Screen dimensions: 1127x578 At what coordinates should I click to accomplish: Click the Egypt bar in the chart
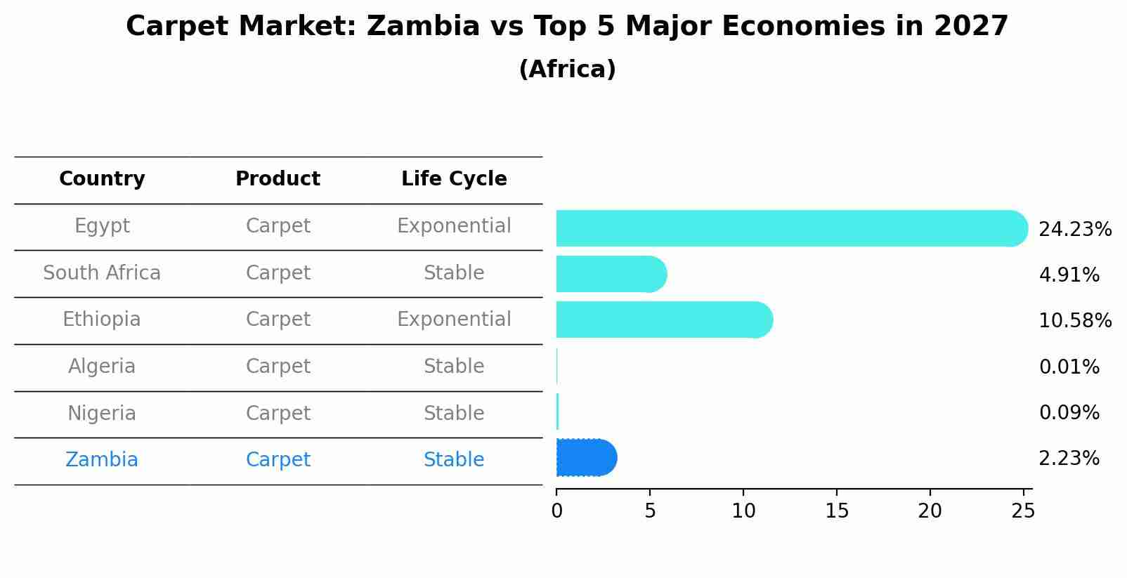pyautogui.click(x=792, y=228)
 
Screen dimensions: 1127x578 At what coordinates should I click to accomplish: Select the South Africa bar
pyautogui.click(x=612, y=274)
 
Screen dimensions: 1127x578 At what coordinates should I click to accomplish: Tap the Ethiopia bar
pyautogui.click(x=665, y=320)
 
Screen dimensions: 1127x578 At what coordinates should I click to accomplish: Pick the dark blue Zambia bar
pyautogui.click(x=587, y=457)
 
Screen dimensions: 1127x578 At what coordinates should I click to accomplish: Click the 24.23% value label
pyautogui.click(x=1075, y=230)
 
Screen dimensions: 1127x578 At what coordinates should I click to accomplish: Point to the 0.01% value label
pyautogui.click(x=1069, y=367)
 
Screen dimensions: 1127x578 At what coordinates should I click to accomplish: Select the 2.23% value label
pyautogui.click(x=1069, y=459)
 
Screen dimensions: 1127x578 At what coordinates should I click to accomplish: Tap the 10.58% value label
pyautogui.click(x=1075, y=320)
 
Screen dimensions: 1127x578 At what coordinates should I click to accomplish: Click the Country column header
pyautogui.click(x=102, y=179)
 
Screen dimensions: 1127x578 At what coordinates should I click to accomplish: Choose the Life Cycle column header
pyautogui.click(x=454, y=179)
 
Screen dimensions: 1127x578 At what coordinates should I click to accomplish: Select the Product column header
pyautogui.click(x=278, y=178)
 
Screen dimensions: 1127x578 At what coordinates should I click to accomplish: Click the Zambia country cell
pyautogui.click(x=102, y=459)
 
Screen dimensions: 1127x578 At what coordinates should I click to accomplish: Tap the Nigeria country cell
pyautogui.click(x=102, y=414)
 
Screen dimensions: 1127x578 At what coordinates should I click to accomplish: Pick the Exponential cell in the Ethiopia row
pyautogui.click(x=454, y=320)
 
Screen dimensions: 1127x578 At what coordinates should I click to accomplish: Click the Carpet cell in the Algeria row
pyautogui.click(x=278, y=367)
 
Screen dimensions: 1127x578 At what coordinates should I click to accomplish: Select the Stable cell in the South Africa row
pyautogui.click(x=454, y=272)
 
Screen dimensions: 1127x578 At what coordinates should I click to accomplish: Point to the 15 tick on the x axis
pyautogui.click(x=837, y=511)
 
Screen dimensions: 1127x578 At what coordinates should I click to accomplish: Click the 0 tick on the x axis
pyautogui.click(x=556, y=511)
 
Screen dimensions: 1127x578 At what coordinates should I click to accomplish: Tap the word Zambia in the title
pyautogui.click(x=423, y=26)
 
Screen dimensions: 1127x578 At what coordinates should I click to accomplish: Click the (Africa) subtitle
pyautogui.click(x=567, y=69)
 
